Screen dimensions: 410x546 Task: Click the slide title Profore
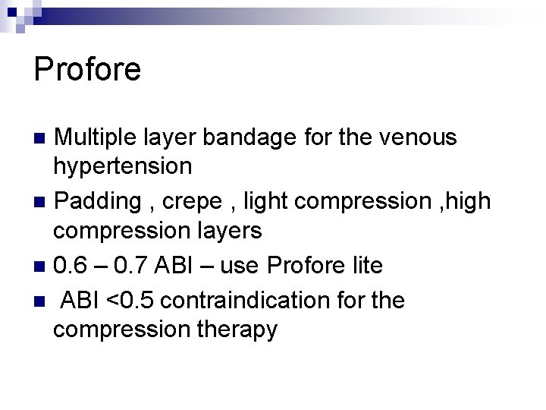pyautogui.click(x=87, y=70)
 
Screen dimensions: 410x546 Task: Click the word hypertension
pyautogui.click(x=122, y=165)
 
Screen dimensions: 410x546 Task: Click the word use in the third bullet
pyautogui.click(x=239, y=266)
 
